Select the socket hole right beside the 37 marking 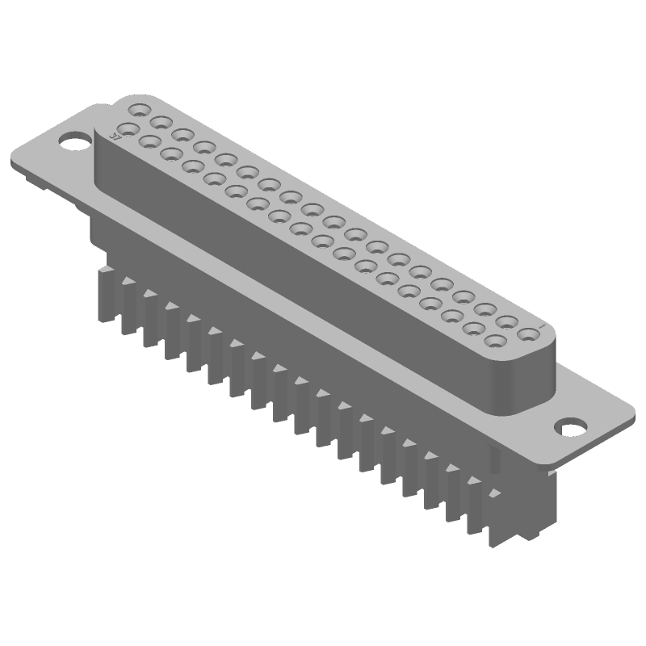coord(127,128)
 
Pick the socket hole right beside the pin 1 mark coord(527,333)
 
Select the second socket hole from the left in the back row coord(161,121)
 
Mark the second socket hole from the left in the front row coord(149,141)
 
